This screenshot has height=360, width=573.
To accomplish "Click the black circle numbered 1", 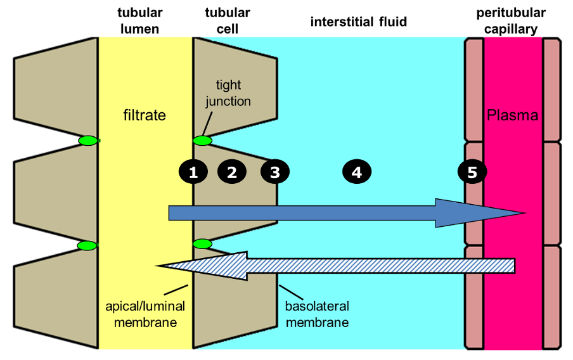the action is pyautogui.click(x=193, y=172).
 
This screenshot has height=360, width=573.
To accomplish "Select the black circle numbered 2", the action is pyautogui.click(x=232, y=172).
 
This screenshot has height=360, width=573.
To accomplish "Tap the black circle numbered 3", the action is pyautogui.click(x=275, y=172).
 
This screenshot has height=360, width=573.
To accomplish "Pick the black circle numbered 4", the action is pyautogui.click(x=357, y=172).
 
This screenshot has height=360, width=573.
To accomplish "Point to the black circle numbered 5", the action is pyautogui.click(x=472, y=172).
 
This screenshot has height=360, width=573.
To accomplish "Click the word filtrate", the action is pyautogui.click(x=145, y=115).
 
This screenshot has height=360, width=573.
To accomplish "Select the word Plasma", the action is pyautogui.click(x=512, y=115).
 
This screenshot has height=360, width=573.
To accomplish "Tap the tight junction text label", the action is pyautogui.click(x=228, y=94).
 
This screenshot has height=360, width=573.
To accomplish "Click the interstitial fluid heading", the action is pyautogui.click(x=359, y=22).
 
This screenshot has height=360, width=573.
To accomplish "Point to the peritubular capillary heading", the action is pyautogui.click(x=511, y=21).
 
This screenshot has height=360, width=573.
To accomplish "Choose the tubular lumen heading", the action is pyautogui.click(x=140, y=21).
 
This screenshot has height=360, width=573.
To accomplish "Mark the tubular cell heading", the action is pyautogui.click(x=228, y=21).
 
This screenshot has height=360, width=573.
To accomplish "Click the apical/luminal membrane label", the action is pyautogui.click(x=145, y=314).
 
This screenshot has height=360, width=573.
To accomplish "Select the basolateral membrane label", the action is pyautogui.click(x=317, y=314).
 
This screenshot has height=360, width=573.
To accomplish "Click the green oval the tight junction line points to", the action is pyautogui.click(x=202, y=141).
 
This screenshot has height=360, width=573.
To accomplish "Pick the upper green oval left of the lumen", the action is pyautogui.click(x=88, y=140).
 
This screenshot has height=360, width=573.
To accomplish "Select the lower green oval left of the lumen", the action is pyautogui.click(x=87, y=246).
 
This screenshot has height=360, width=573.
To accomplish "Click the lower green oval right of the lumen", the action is pyautogui.click(x=202, y=244).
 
